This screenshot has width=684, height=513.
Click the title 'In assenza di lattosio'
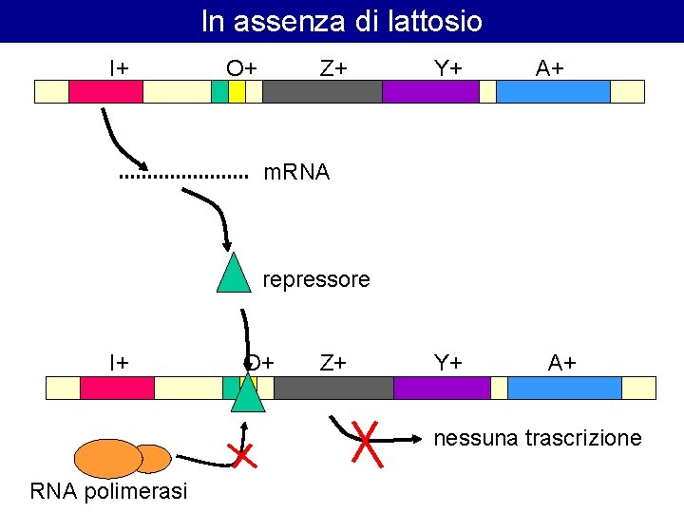coord(342,21)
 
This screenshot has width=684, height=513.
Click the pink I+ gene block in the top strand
coord(105,91)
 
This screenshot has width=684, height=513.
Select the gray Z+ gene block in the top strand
coord(322,91)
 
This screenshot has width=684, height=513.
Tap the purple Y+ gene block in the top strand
coord(430,91)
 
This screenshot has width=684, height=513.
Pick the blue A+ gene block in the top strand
coord(553,91)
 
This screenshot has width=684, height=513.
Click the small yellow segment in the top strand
coord(237,91)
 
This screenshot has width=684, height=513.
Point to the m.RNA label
coord(296,173)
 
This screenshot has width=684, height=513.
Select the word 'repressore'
coord(315,280)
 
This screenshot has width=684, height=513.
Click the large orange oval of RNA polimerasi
coord(107,458)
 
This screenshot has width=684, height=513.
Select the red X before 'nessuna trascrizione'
coord(367,443)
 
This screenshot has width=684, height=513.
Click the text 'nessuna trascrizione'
coord(538,438)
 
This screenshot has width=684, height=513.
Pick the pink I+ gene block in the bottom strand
coord(117,388)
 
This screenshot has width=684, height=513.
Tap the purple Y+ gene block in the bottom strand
coord(442,388)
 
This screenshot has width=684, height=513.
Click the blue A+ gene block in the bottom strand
coord(564,388)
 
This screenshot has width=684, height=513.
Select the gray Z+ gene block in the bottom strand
coord(333,388)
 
